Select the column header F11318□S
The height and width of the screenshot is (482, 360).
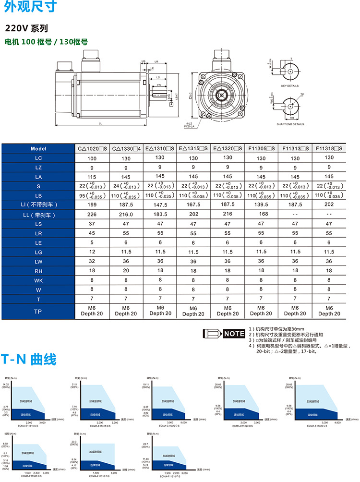(329, 149)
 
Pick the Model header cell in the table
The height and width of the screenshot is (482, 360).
(38, 149)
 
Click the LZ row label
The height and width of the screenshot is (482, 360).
(38, 167)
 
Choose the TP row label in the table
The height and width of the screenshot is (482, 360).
(38, 311)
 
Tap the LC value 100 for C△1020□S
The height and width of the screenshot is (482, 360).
(92, 158)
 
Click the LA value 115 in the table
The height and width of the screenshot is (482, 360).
(92, 177)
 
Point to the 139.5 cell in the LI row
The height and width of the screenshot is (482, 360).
(261, 205)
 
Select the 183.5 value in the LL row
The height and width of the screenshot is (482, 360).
(160, 215)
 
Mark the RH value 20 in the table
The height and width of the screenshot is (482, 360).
(126, 271)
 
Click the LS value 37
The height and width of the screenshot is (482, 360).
(92, 224)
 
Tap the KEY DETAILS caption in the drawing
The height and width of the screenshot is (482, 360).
(290, 85)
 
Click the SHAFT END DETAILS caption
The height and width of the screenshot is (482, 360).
(290, 124)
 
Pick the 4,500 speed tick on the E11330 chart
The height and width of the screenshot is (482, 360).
(337, 422)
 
